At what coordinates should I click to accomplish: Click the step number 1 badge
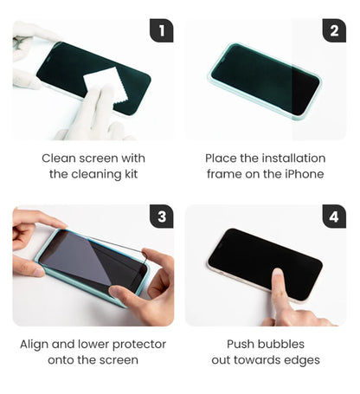click(x=162, y=30)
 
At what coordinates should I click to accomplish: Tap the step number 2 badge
click(x=334, y=30)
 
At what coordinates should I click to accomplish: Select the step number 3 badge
click(x=162, y=216)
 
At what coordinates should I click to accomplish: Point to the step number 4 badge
click(x=334, y=216)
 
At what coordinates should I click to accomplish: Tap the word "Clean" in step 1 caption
click(x=59, y=158)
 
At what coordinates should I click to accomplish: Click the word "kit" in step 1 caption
click(x=131, y=174)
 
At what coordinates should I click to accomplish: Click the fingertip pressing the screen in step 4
click(x=278, y=273)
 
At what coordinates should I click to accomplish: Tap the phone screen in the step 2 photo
click(x=265, y=80)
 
